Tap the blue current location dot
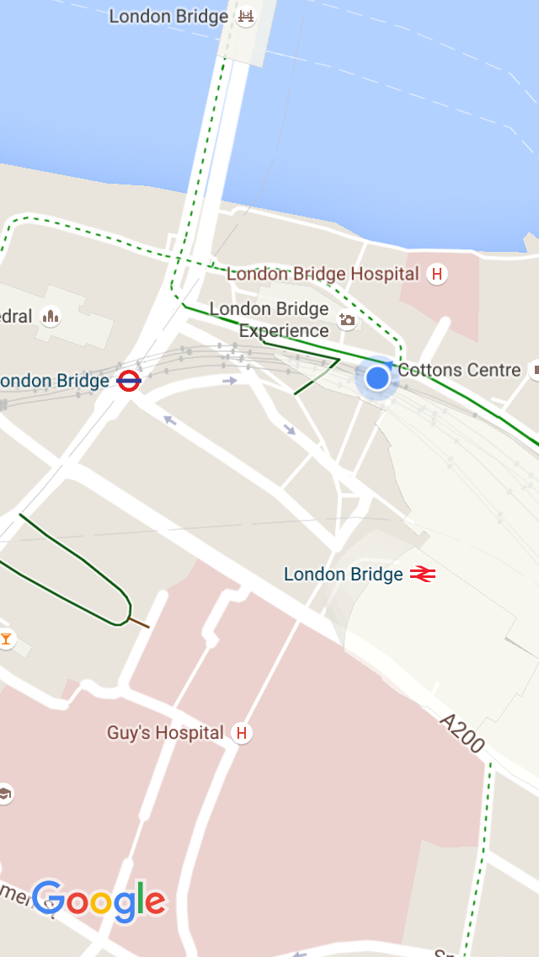point(377,377)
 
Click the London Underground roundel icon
point(129,381)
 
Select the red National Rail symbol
point(423,575)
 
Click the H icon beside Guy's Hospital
point(242,733)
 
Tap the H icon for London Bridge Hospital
point(436,274)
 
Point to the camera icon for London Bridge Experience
point(346,319)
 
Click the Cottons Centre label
point(459,370)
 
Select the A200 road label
point(463,733)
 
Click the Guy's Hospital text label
point(165,733)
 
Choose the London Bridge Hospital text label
point(323,274)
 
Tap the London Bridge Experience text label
point(269,320)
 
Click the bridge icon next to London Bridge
point(246,16)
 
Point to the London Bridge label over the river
point(168,16)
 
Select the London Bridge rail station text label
point(343,575)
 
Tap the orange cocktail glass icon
point(7,639)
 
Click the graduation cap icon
point(4,794)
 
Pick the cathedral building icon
point(51,317)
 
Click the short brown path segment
point(139,623)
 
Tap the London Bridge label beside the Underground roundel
point(56,381)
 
